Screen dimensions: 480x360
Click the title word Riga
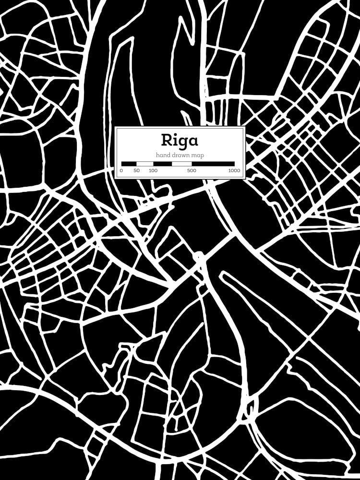click(x=179, y=140)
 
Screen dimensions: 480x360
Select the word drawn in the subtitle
click(x=180, y=155)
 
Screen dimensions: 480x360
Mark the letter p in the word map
click(x=202, y=156)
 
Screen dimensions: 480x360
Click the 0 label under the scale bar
click(x=121, y=170)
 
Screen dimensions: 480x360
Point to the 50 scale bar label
click(x=137, y=170)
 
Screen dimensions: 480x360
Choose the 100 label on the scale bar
click(x=153, y=170)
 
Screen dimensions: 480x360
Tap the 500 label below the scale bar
click(x=192, y=170)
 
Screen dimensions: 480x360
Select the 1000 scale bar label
click(x=234, y=170)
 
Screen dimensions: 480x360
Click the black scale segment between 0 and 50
click(x=129, y=164)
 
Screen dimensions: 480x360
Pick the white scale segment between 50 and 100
click(x=145, y=164)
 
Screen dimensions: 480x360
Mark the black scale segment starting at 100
click(x=162, y=164)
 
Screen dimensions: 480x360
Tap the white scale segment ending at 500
click(x=182, y=164)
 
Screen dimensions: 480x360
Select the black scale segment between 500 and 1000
click(x=213, y=164)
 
